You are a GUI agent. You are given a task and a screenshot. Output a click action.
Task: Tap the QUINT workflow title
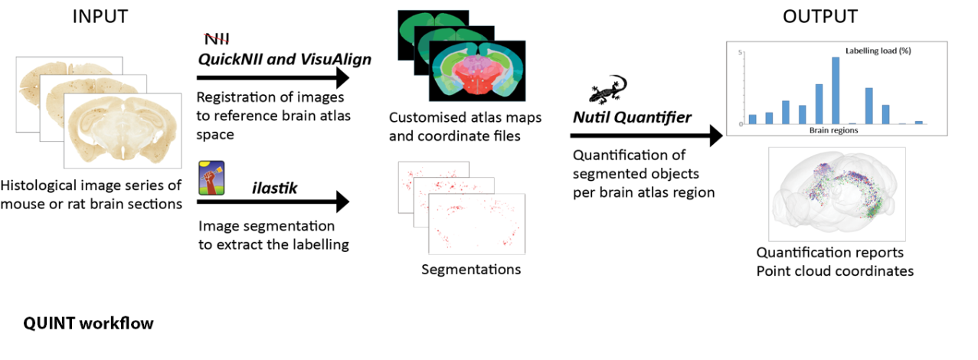(88, 323)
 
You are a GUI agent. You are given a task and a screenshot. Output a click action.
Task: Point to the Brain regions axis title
(833, 131)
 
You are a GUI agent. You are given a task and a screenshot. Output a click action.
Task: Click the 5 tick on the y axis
(741, 53)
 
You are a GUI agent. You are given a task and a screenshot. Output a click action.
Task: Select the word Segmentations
(470, 270)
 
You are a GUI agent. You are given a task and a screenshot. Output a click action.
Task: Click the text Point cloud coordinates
(835, 270)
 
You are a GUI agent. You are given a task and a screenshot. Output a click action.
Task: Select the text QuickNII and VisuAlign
(285, 58)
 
